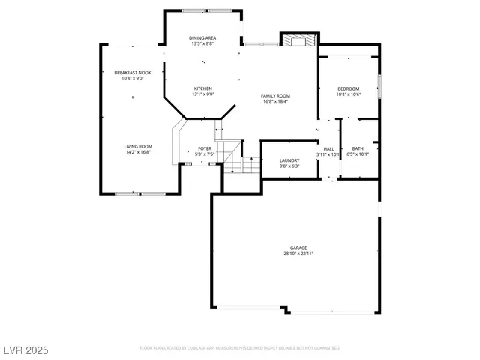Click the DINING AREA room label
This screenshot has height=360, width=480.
202,37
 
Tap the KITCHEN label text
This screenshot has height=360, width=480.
203,88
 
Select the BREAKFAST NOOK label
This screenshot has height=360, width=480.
132,73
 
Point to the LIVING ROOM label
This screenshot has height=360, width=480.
138,146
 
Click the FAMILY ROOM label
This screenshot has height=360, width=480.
275,95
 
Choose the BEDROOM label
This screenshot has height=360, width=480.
349,88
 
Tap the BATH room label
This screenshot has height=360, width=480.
358,148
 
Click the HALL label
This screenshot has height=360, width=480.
328,148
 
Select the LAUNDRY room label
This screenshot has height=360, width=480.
289,160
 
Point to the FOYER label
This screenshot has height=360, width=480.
205,148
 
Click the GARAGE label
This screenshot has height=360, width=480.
298,247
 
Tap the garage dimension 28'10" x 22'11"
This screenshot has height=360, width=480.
298,253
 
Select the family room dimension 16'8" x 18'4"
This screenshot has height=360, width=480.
275,101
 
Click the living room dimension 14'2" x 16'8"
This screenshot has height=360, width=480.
138,152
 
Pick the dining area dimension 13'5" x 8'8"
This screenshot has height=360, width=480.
202,43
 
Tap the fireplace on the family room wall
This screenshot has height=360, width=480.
298,40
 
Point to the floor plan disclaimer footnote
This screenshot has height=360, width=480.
240,348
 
